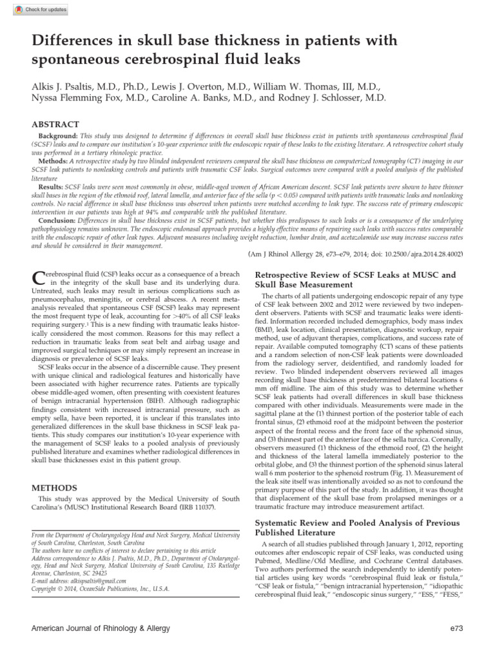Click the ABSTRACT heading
(x=56, y=124)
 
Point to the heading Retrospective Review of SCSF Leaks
(x=355, y=275)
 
